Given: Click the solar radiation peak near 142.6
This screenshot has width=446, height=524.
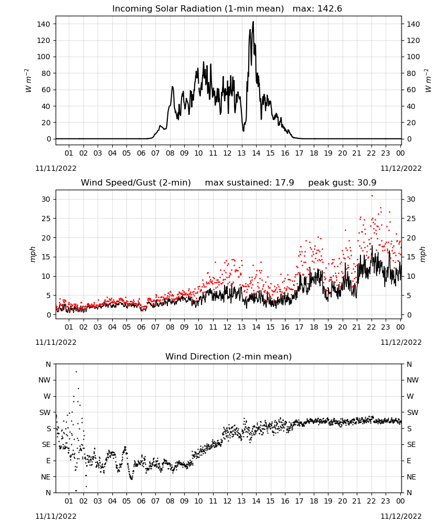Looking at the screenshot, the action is (253, 22).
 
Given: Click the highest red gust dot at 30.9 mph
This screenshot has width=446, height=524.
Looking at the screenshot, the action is (372, 196).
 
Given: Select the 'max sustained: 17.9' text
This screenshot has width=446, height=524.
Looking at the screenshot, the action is (249, 182).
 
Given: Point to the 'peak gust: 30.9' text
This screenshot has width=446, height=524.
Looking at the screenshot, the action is (342, 183).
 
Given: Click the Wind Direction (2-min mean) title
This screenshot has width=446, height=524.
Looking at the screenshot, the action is (229, 356).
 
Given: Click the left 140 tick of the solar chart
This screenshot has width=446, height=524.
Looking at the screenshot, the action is (44, 24).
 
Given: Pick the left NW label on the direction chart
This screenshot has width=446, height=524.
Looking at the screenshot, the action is (44, 380).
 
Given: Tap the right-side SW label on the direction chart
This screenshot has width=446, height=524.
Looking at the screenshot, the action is (412, 412).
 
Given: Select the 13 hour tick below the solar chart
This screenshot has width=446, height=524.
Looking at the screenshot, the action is (241, 153).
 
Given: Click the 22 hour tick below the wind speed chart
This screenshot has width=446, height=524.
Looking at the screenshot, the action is (371, 327).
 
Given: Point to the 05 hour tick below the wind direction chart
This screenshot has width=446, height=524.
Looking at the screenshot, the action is (126, 501).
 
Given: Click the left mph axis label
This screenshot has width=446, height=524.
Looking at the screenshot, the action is (33, 254).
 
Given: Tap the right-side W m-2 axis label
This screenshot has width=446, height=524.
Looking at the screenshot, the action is (428, 81).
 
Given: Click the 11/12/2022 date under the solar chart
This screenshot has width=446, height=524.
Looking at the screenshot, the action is (401, 168).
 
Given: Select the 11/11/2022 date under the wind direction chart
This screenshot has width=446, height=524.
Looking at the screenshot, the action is (56, 516).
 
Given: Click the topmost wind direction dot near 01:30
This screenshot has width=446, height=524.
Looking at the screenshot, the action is (76, 372).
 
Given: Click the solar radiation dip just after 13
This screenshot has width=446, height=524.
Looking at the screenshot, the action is (243, 130).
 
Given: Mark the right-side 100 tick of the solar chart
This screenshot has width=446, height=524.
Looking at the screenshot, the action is (413, 57).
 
